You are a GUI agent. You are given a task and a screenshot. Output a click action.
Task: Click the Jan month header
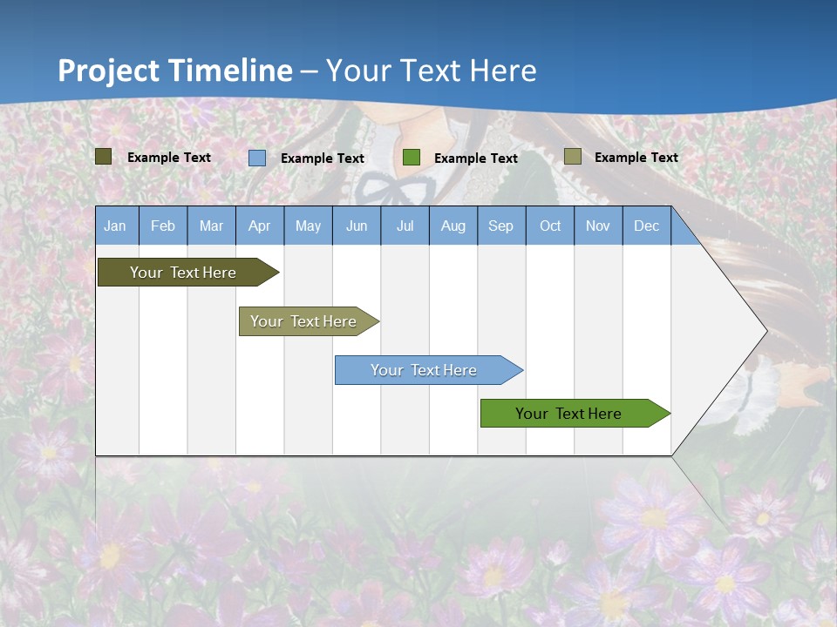click(116, 226)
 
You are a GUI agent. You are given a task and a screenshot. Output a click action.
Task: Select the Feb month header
click(163, 226)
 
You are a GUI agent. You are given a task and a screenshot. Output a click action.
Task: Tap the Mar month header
click(211, 226)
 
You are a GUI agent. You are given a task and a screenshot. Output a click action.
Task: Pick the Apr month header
click(260, 226)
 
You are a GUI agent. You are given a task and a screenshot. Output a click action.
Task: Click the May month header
click(308, 226)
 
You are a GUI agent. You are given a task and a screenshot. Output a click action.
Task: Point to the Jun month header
click(357, 226)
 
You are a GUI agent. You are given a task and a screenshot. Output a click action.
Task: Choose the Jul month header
click(405, 226)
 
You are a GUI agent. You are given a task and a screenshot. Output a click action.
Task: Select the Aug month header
click(453, 226)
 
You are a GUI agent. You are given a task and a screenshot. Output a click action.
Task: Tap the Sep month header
click(501, 226)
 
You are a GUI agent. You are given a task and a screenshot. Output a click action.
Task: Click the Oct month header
click(550, 226)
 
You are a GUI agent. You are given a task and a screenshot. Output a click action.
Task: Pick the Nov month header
click(598, 226)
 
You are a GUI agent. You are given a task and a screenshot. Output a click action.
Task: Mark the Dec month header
click(647, 226)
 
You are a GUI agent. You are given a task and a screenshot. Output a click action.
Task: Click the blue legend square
click(257, 158)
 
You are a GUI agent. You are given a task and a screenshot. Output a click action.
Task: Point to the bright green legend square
click(412, 158)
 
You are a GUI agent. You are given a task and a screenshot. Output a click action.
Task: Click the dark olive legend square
click(104, 157)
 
